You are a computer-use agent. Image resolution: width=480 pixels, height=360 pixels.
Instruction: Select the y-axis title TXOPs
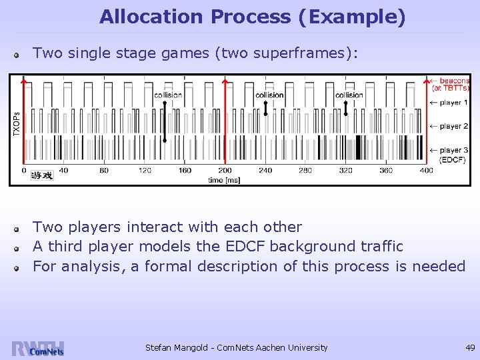pos(17,124)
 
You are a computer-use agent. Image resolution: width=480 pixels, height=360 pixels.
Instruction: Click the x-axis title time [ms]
pos(225,179)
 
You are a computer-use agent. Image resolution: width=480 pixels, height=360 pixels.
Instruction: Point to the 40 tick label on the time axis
pos(63,171)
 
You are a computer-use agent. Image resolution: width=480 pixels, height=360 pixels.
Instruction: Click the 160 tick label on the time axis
pos(185,171)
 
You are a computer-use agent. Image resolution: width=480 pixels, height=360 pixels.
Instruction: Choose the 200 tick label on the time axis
pos(225,171)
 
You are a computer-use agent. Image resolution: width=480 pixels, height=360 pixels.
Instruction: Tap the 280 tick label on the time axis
pos(305,171)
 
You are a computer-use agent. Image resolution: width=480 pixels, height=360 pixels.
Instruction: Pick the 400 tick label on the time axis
pos(426,171)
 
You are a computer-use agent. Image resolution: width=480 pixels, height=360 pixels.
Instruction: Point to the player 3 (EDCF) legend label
pos(453,155)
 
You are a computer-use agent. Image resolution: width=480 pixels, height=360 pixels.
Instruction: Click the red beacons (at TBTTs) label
pos(451,84)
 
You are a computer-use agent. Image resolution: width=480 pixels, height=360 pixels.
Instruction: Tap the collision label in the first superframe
pos(167,95)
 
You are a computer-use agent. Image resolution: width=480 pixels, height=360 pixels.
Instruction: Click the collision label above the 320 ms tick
pos(349,95)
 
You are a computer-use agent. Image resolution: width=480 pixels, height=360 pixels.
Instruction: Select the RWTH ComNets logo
pos(37,349)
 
